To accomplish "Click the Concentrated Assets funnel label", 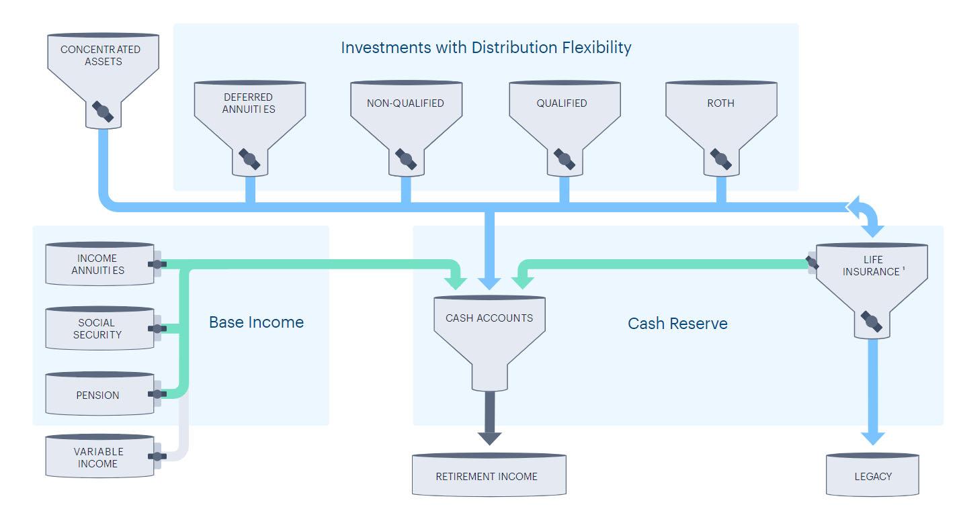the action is point(100,56).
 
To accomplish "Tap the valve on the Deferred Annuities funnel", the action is point(249,159).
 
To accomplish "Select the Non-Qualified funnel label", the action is point(405,103).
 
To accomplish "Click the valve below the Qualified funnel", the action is point(565,159).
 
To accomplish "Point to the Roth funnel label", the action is point(720,103).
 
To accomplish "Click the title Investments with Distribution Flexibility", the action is point(486,48).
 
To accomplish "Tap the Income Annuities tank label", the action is point(98,265).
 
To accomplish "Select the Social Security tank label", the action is point(97,329).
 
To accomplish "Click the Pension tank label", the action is point(98,396).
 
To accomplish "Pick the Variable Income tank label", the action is point(98,458).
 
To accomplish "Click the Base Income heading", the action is point(256,322).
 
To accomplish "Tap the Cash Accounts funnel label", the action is point(489,318).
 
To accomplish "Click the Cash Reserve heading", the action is point(677,324).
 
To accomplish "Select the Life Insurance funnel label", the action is point(872,265).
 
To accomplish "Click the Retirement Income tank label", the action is point(487,477).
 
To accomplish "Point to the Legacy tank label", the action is point(873,477).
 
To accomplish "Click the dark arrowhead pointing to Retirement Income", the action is point(490,438).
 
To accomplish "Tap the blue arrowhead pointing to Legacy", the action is point(872,438).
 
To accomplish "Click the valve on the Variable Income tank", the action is point(157,457).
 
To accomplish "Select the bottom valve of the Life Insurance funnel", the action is point(872,322).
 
